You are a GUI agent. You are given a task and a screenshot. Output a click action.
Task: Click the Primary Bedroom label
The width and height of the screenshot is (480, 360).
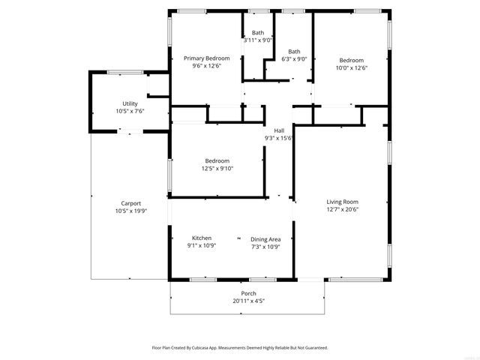pyautogui.click(x=206, y=58)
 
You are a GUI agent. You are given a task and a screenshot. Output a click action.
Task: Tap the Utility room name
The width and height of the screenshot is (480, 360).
pyautogui.click(x=130, y=103)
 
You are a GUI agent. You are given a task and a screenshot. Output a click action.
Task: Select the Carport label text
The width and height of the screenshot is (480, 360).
pyautogui.click(x=131, y=203)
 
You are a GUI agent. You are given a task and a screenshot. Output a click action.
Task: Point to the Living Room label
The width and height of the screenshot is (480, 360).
pyautogui.click(x=342, y=202)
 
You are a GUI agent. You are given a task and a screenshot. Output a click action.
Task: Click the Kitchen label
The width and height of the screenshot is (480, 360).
pyautogui.click(x=201, y=238)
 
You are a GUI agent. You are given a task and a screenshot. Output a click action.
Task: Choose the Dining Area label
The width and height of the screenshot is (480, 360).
pyautogui.click(x=265, y=239)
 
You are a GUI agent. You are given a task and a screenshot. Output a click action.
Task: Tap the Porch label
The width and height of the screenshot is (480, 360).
pyautogui.click(x=248, y=293)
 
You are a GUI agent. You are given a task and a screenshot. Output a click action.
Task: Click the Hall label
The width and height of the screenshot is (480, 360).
pyautogui.click(x=278, y=130)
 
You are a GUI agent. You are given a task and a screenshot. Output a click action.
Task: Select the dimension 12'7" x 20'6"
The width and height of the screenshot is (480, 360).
pyautogui.click(x=342, y=210)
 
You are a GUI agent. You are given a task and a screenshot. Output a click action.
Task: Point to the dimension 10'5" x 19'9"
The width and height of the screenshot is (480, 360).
pyautogui.click(x=131, y=211)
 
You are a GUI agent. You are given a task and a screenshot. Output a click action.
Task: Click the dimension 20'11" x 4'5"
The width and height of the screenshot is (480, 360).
pyautogui.click(x=248, y=301)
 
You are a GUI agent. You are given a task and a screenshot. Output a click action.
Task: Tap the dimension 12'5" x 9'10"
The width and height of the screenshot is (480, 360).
pyautogui.click(x=217, y=169)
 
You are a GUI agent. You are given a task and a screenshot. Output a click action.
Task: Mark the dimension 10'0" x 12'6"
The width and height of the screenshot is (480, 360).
pyautogui.click(x=351, y=68)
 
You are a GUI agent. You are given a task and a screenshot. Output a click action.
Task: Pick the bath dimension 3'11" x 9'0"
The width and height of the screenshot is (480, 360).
pyautogui.click(x=257, y=40)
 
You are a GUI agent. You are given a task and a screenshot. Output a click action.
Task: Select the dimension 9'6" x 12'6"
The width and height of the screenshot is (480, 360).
pyautogui.click(x=206, y=67)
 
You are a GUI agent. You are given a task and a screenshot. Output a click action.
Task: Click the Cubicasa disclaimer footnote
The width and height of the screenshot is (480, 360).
pyautogui.click(x=239, y=348)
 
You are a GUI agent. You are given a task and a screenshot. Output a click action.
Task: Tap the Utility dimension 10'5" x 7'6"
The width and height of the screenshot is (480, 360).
pyautogui.click(x=130, y=112)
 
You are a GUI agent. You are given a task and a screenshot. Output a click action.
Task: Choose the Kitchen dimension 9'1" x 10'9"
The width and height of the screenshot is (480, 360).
pyautogui.click(x=201, y=246)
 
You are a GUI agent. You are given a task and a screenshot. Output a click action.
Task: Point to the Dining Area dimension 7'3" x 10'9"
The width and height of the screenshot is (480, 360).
pyautogui.click(x=265, y=247)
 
